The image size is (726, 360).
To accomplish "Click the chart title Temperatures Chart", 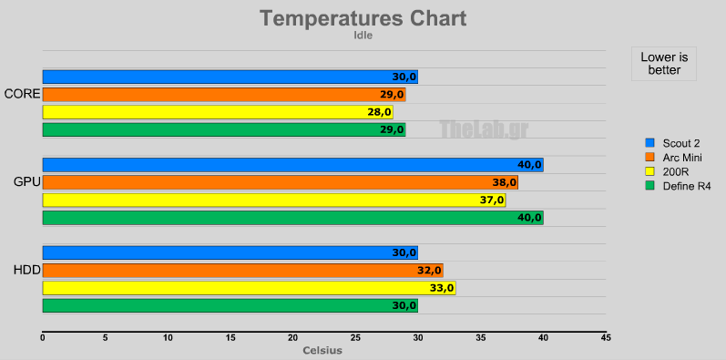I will pos(363,18).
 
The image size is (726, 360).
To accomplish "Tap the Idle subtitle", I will pos(363,36).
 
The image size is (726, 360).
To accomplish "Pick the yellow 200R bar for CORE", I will pos(218,112).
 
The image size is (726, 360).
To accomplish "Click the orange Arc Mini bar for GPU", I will pos(280,182).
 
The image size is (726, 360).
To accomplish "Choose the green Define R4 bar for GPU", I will pos(292,217).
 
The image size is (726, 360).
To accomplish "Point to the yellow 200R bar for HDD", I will pos(249,288).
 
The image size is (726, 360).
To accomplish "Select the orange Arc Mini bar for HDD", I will pos(242,270).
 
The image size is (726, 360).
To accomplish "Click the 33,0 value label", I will pos(442,288).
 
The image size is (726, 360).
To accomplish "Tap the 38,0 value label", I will pos(504,182).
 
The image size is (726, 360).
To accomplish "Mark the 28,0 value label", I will pos(379,112).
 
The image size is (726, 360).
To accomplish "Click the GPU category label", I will pos(26,182).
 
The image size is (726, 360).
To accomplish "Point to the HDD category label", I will pos(26,271).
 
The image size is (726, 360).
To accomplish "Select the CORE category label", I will pos(22,94).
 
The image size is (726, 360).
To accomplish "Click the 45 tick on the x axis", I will pos(606,338).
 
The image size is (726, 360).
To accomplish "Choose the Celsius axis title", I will pos(322,351).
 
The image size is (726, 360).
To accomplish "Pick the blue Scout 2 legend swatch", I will pos(649,143).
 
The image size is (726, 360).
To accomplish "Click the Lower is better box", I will pos(664,63).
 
